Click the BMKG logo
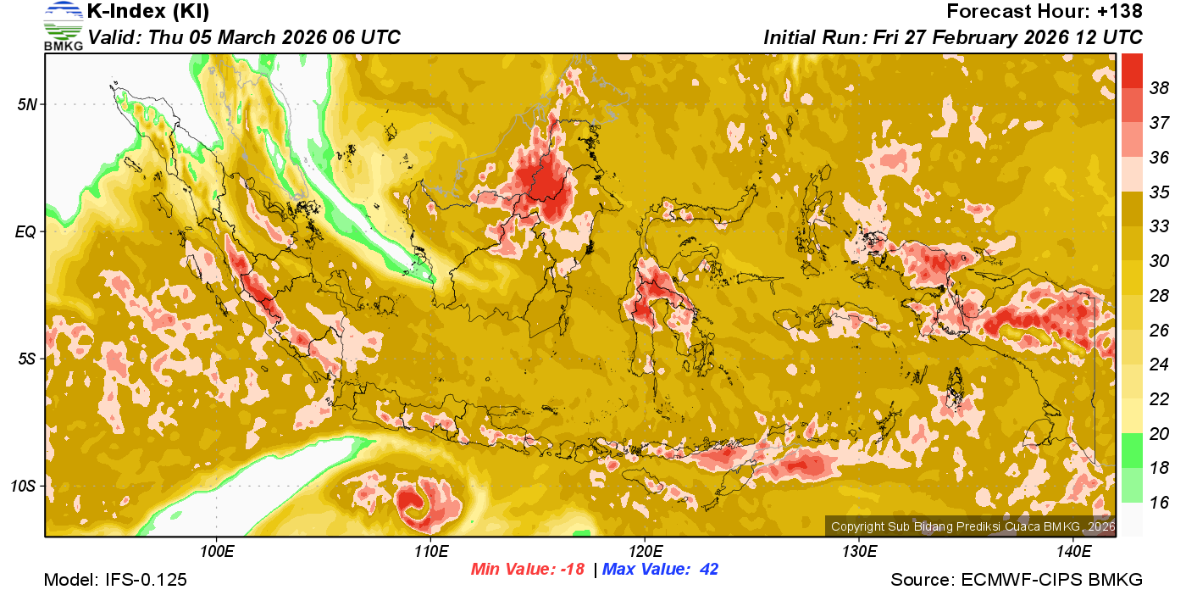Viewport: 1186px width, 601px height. pyautogui.click(x=63, y=25)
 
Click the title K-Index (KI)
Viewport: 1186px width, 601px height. pyautogui.click(x=148, y=12)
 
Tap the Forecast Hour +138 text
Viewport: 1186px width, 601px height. pyautogui.click(x=1045, y=12)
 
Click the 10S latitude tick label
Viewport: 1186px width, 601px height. pyautogui.click(x=22, y=487)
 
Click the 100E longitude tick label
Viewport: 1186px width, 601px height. pyautogui.click(x=216, y=552)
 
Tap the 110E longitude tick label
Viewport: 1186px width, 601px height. pyautogui.click(x=430, y=552)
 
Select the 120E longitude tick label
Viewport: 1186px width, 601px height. pyautogui.click(x=645, y=552)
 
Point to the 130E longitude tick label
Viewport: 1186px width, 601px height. pyautogui.click(x=859, y=552)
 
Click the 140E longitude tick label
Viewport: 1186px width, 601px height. pyautogui.click(x=1073, y=552)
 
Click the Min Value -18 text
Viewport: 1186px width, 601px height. pyautogui.click(x=528, y=569)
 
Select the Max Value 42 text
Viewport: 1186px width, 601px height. pyautogui.click(x=660, y=569)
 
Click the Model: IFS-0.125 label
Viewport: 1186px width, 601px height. pyautogui.click(x=115, y=581)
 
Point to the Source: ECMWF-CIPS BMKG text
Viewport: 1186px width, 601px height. pyautogui.click(x=1017, y=581)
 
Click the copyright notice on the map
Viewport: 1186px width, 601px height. pyautogui.click(x=973, y=526)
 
